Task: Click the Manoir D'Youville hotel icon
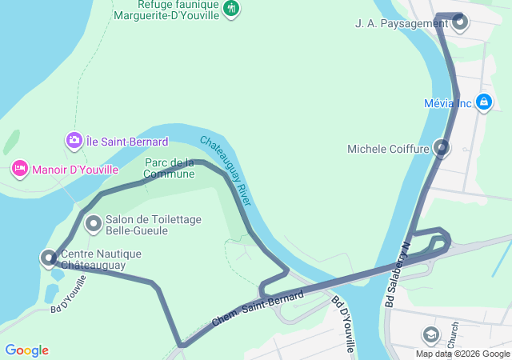pos(19,169)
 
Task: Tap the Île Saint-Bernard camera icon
pos(74,141)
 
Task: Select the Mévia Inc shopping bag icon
pos(483,102)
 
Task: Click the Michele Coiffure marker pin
pos(441,148)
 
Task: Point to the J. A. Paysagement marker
pos(460,22)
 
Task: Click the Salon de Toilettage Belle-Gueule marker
pos(94,224)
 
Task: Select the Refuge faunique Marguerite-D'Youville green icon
pos(231,8)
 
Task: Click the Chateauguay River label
pos(226,170)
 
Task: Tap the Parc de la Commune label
pos(170,168)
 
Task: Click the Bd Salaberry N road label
pos(397,276)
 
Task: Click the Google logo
pos(26,350)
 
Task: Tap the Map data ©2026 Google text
pos(462,354)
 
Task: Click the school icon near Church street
pos(431,334)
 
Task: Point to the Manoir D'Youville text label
pos(74,170)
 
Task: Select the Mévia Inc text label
pos(448,103)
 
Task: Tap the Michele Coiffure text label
pos(389,149)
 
